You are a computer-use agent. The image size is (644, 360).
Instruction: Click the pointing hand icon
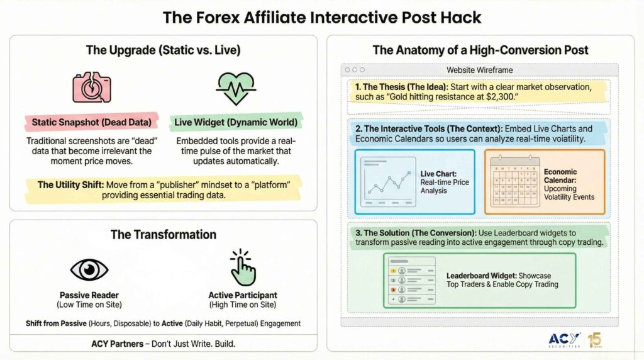[x=242, y=268]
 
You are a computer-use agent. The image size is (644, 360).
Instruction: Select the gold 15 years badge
[x=594, y=340]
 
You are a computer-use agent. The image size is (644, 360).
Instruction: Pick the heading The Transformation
[x=163, y=234]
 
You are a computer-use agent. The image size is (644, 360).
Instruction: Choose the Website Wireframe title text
[x=479, y=70]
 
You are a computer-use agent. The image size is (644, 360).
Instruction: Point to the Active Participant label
[x=242, y=295]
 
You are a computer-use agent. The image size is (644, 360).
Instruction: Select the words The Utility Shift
[x=67, y=184]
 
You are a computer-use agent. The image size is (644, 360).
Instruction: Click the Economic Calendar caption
[x=560, y=176]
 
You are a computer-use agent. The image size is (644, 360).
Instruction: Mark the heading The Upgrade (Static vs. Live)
[x=163, y=50]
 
